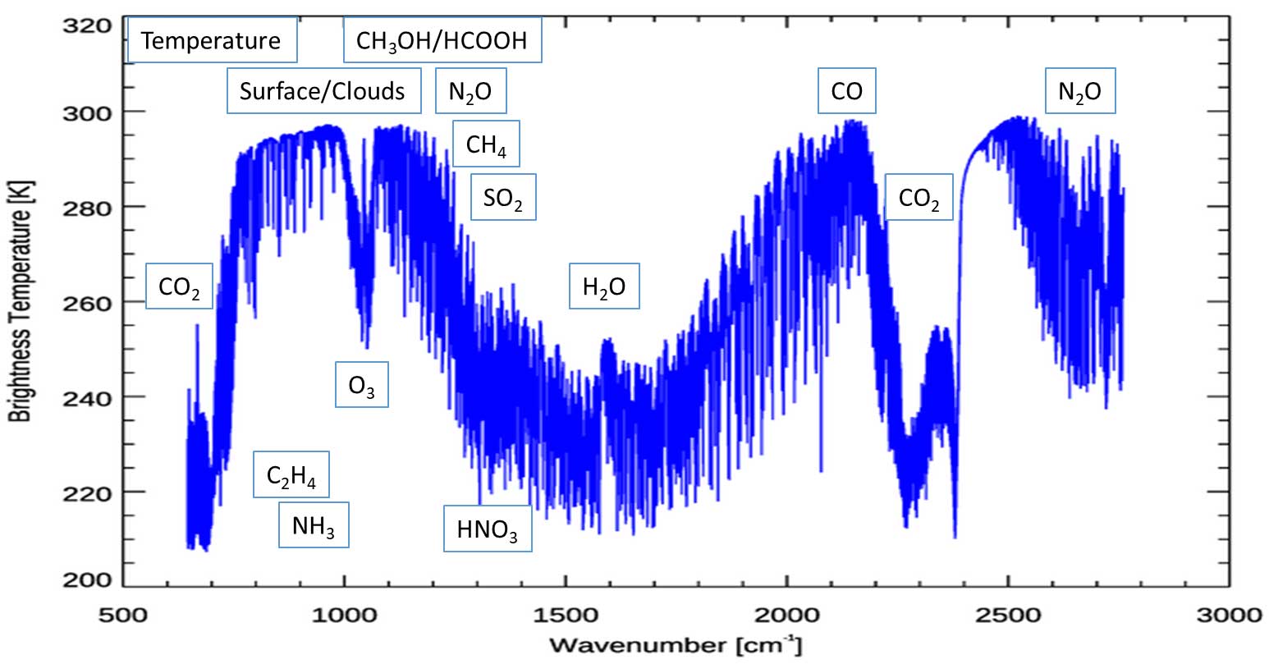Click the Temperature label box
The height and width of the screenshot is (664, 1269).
[x=212, y=40]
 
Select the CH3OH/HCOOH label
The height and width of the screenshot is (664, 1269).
[x=442, y=40]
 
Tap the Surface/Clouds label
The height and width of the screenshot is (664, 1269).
[x=323, y=90]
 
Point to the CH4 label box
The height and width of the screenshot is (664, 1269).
[x=486, y=145]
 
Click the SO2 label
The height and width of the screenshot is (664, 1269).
[x=502, y=198]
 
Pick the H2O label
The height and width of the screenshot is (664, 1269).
[x=604, y=286]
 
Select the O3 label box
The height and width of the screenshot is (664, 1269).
[x=361, y=385]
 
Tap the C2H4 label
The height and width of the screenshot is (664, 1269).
[x=291, y=475]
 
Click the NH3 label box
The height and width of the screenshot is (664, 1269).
[x=314, y=525]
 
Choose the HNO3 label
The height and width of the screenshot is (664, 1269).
[x=488, y=529]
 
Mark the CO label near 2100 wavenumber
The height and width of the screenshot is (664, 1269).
[x=847, y=90]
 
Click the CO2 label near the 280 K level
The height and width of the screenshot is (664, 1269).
[x=919, y=198]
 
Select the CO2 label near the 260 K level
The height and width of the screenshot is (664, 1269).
[x=179, y=286]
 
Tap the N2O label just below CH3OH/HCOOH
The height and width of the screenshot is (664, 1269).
[x=470, y=90]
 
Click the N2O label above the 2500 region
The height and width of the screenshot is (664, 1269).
[x=1080, y=90]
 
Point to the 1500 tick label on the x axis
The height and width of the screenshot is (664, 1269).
[x=566, y=615]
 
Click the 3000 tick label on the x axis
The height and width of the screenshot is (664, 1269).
[x=1229, y=615]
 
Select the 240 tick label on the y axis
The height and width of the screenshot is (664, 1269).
[x=89, y=397]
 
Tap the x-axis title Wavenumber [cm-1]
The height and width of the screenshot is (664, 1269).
[x=675, y=644]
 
